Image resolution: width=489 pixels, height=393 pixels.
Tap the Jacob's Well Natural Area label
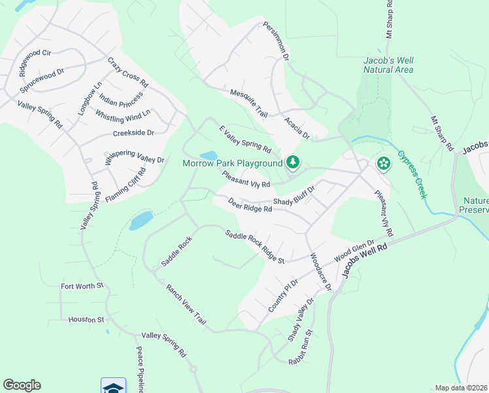point(388,64)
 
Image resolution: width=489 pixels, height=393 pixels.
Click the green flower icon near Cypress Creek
point(383,162)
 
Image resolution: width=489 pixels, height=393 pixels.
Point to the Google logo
point(22,385)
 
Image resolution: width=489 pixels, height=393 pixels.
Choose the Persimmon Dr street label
point(276,41)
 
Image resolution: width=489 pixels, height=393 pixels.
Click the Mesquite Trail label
point(249,103)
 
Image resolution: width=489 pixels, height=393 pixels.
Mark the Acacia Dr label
point(296,128)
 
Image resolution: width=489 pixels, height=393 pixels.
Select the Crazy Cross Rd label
point(128,73)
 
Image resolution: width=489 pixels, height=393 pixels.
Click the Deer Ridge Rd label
point(250,206)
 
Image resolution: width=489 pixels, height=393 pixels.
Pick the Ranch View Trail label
point(186,304)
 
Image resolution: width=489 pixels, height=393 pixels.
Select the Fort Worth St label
point(82,286)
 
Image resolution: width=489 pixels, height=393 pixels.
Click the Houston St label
point(86,320)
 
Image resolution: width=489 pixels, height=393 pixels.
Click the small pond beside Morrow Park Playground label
point(209,155)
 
